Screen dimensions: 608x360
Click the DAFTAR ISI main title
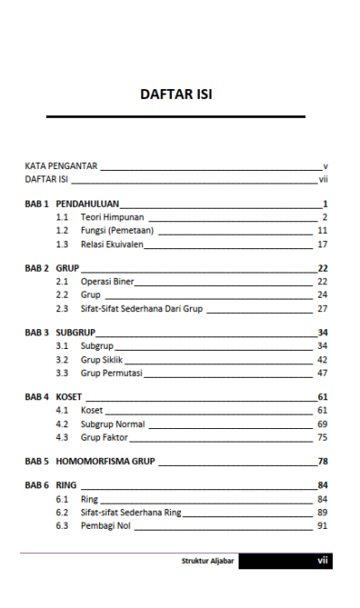pos(176,94)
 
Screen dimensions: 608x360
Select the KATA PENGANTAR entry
pos(61,167)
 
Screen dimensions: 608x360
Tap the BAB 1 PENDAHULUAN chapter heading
pos(86,205)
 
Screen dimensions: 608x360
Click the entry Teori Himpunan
pos(112,219)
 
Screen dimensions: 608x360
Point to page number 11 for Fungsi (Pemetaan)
pos(321,231)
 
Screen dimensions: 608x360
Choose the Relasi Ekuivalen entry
pos(115,245)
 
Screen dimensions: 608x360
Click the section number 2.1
pos(62,282)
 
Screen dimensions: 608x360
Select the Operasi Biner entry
pos(107,282)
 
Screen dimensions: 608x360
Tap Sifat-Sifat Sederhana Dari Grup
pos(141,308)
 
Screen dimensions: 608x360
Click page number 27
pos(321,308)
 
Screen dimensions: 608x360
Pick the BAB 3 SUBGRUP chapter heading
pos(76,333)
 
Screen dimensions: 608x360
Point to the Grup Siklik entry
pos(102,359)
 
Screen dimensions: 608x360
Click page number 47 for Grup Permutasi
pos(321,372)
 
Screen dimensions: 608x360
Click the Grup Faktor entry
pos(104,436)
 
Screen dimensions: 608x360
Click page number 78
pos(321,461)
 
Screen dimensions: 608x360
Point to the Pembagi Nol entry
pos(105,525)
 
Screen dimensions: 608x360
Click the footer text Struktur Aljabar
pos(208,561)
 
